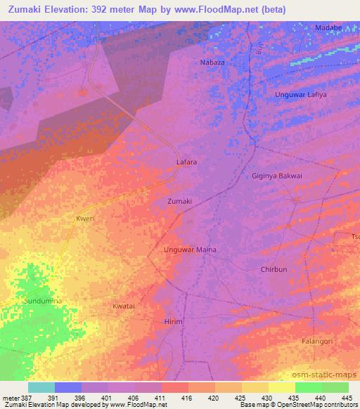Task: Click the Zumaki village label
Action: [x=179, y=202]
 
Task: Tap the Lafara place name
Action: [x=186, y=162]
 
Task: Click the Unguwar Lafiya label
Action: [x=301, y=94]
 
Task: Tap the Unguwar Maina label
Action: [x=190, y=249]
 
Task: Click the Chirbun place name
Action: [x=274, y=269]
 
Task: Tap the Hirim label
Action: [x=173, y=321]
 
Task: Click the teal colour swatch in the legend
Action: [x=41, y=387]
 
